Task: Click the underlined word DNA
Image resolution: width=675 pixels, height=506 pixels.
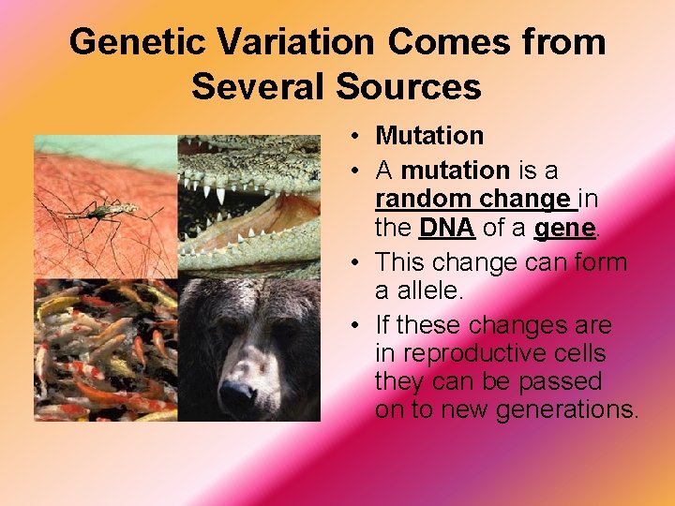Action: coord(447,228)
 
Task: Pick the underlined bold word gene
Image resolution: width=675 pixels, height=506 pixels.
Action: coord(562,228)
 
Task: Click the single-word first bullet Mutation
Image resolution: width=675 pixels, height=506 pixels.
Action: coord(429,136)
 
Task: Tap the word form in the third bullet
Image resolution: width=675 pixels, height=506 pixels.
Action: coord(601,262)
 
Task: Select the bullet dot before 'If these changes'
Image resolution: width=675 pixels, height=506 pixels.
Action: coord(358,326)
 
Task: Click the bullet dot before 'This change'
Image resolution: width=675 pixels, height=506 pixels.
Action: coord(358,262)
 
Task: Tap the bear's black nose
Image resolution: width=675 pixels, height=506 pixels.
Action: coord(236,397)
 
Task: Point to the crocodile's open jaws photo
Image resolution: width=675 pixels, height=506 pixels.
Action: coord(248,206)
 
